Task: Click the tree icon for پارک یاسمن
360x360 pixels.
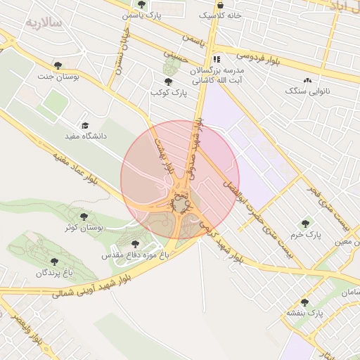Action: coord(141,4)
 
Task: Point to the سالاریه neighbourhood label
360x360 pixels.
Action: coord(44,22)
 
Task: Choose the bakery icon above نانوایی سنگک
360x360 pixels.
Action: coord(307,80)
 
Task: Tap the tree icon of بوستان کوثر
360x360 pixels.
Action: coord(84,217)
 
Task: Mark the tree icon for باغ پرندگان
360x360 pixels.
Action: coord(54,262)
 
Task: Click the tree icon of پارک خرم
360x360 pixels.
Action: coord(304,224)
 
